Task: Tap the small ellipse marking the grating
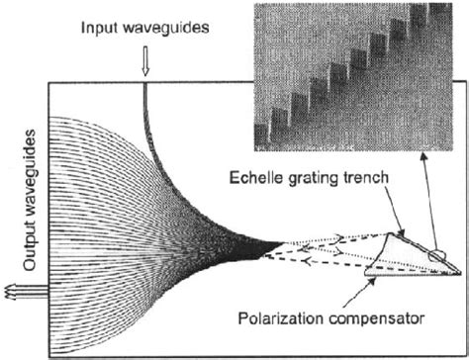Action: click(436, 254)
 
